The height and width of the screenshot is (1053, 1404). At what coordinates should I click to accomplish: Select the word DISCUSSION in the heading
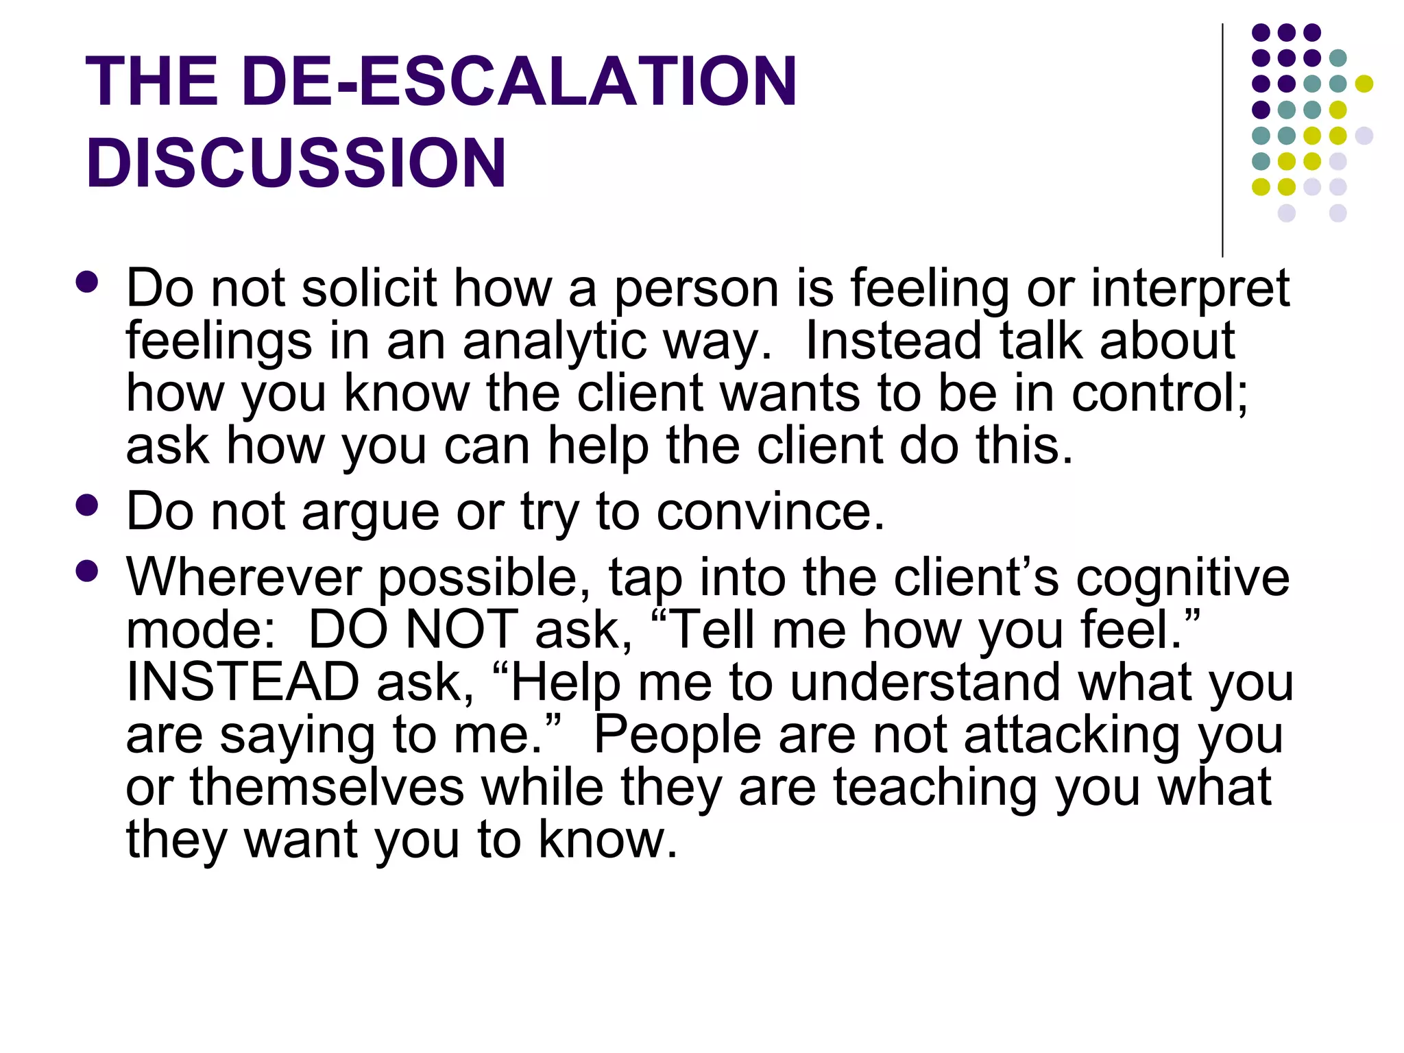pos(295,163)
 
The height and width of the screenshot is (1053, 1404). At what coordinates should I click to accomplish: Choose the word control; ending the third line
pos(1159,394)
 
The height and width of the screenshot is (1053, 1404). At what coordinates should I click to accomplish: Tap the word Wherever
pos(243,577)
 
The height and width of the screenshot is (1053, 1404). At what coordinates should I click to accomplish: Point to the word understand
pos(925,682)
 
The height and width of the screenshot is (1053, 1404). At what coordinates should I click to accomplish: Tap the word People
pos(677,735)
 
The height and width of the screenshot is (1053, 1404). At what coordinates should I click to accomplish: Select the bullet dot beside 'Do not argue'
pos(87,506)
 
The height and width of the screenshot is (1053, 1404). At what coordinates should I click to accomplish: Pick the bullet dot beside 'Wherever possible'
pos(87,571)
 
